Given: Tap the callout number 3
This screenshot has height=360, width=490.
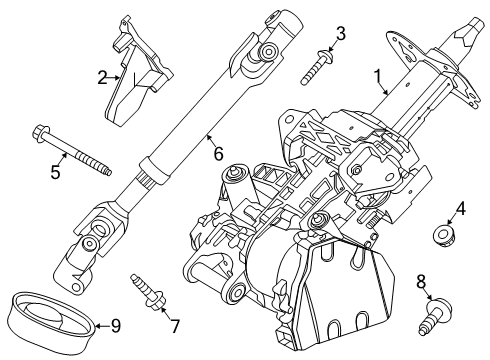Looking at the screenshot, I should (341, 36).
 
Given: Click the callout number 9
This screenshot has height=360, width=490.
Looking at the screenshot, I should (116, 325).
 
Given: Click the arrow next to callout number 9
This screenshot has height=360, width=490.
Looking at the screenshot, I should (101, 325).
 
